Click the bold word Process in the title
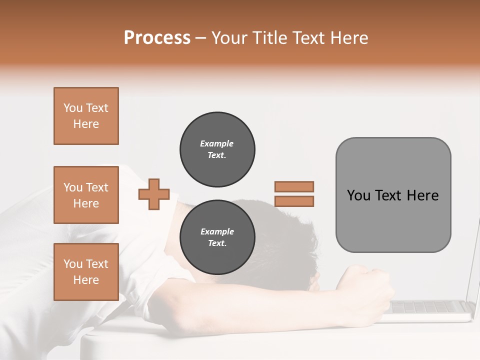(157, 38)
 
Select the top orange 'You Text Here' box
(86, 116)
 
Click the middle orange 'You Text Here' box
(86, 195)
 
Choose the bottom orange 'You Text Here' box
(86, 272)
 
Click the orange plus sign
(154, 194)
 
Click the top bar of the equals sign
(294, 187)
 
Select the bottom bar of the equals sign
(294, 201)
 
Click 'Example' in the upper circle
(217, 143)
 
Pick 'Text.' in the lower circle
(217, 243)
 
